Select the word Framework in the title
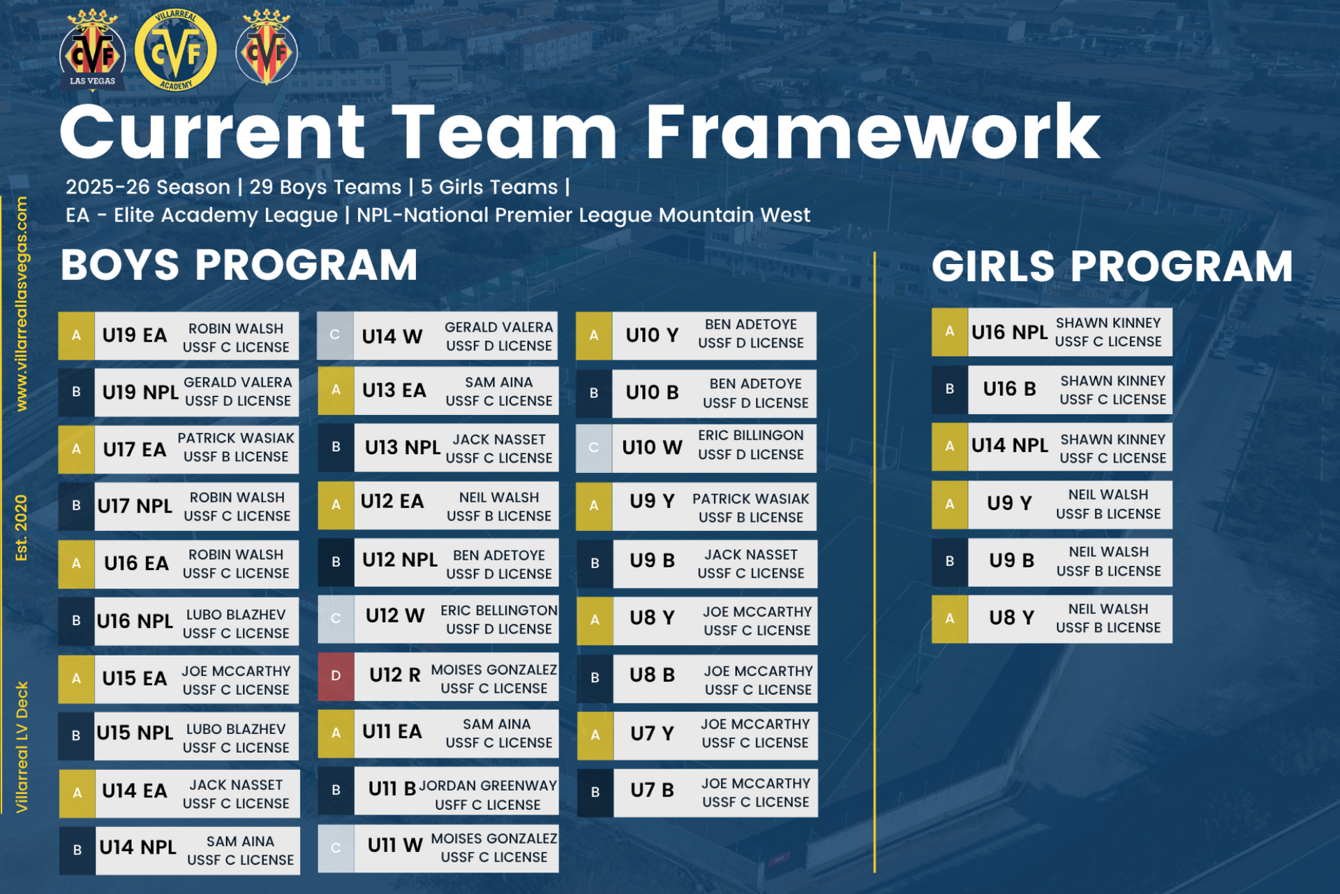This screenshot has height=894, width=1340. tap(873, 133)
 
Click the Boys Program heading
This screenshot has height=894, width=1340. tap(239, 265)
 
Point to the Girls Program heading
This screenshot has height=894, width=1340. tap(1112, 266)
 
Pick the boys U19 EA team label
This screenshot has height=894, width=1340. tap(135, 336)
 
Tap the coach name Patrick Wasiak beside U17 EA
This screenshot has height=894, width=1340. tap(236, 438)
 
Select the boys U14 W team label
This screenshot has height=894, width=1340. tap(392, 337)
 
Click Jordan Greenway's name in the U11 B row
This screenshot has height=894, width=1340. tap(488, 786)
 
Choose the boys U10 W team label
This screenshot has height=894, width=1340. tap(652, 447)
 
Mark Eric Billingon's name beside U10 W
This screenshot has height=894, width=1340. tap(751, 435)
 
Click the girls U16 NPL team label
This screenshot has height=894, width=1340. tap(1009, 332)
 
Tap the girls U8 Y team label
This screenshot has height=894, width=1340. tap(1011, 617)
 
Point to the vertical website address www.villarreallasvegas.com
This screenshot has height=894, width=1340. tap(22, 304)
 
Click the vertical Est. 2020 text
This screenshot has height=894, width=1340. tap(22, 528)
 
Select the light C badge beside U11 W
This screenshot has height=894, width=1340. tap(336, 849)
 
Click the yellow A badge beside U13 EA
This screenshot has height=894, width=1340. tap(336, 390)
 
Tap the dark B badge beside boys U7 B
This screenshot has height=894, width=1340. tap(595, 793)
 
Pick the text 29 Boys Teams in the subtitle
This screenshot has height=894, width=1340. tap(325, 187)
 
